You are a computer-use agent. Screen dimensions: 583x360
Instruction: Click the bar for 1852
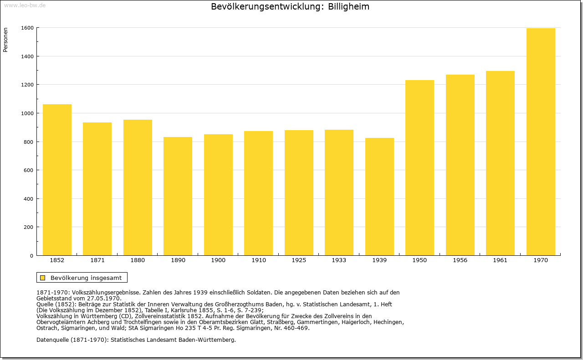[x=57, y=180]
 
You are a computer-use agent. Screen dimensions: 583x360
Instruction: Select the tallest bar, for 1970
[x=541, y=142]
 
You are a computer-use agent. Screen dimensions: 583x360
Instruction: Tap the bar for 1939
[x=379, y=197]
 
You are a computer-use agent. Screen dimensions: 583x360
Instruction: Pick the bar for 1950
[x=419, y=168]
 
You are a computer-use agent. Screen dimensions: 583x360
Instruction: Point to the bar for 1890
[x=178, y=196]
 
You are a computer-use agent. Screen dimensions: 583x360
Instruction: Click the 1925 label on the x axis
[x=299, y=260]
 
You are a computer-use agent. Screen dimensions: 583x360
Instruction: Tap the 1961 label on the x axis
[x=500, y=260]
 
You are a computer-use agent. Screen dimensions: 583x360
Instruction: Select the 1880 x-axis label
[x=138, y=260]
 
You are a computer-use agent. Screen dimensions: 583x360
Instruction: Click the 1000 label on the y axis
[x=27, y=113]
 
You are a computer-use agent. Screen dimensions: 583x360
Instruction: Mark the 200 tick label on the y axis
[x=29, y=227]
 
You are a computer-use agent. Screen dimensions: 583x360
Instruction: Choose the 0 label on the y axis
[x=32, y=256]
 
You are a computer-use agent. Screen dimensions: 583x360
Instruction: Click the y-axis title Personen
[x=5, y=40]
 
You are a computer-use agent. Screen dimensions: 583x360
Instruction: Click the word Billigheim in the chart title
[x=348, y=7]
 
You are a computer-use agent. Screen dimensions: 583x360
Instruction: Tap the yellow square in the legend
[x=43, y=278]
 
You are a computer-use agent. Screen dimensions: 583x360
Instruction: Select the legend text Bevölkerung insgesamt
[x=86, y=278]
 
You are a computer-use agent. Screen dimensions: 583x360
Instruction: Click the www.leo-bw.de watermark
[x=25, y=5]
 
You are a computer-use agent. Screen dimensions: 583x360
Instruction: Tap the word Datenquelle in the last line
[x=52, y=340]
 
